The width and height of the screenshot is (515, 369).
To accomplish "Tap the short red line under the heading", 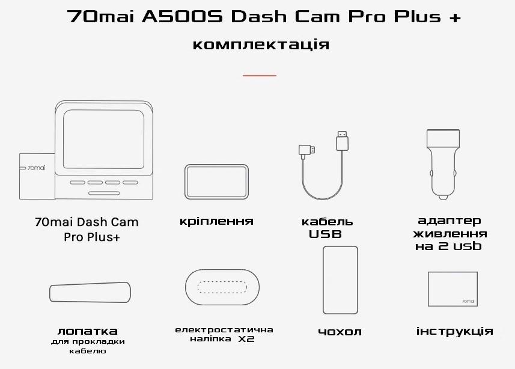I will click(260, 76).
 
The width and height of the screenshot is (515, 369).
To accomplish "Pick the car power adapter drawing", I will click(443, 162).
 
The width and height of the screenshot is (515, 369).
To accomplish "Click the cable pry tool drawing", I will click(90, 293).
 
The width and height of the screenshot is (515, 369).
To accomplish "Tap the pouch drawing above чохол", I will click(340, 280).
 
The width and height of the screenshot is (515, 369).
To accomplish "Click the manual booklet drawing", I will click(453, 290).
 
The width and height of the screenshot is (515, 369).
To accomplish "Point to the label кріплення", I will click(216, 221).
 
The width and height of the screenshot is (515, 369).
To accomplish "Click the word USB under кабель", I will click(325, 234).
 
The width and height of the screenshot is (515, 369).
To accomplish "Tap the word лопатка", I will click(88, 331).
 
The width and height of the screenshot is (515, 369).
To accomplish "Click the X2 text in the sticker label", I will click(245, 340).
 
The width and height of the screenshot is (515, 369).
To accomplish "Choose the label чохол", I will click(340, 332).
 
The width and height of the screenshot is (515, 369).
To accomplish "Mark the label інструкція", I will click(454, 331).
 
